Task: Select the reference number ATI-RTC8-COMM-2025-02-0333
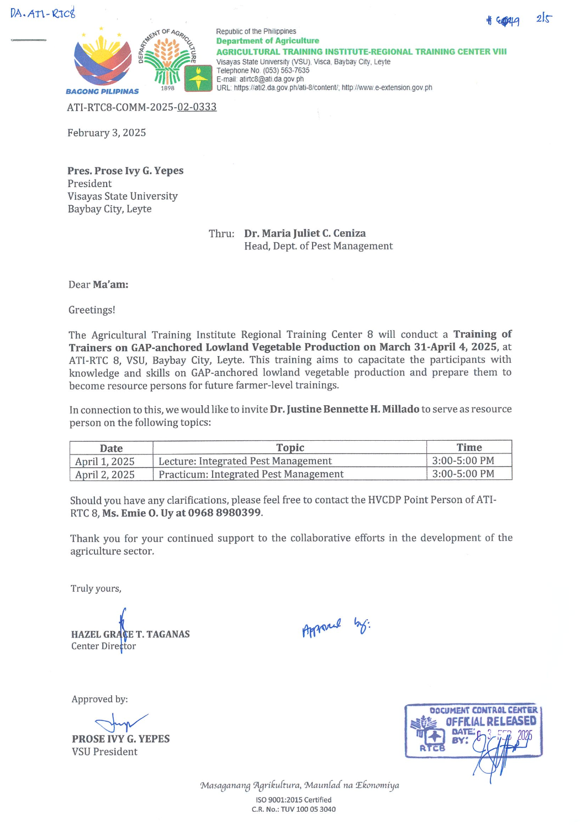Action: pos(141,107)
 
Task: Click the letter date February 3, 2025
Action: pos(107,133)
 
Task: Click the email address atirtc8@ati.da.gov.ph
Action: pos(271,79)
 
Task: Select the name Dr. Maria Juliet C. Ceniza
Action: pos(305,233)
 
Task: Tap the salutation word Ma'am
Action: pos(110,285)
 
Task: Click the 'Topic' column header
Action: pos(290,447)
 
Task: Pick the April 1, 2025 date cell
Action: pos(105,461)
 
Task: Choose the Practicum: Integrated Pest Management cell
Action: pos(251,474)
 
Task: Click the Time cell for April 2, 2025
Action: pos(463,474)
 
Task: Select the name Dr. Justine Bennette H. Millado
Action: pos(345,409)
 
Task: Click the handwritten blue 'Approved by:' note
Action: pos(336,626)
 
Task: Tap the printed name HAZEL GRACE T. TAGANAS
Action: pos(130,634)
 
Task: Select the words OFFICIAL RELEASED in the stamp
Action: pos(490,721)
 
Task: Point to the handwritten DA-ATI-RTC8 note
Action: pos(43,13)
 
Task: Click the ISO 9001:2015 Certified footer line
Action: pos(293,800)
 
